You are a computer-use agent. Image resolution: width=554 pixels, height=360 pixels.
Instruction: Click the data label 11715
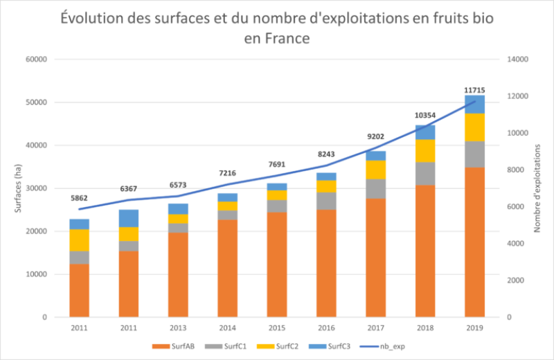point(474,90)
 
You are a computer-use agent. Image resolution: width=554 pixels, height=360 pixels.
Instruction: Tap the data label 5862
point(80,198)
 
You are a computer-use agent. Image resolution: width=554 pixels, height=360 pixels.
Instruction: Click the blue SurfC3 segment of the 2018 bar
point(425,132)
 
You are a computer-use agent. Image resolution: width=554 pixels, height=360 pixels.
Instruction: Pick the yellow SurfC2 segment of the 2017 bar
point(375,170)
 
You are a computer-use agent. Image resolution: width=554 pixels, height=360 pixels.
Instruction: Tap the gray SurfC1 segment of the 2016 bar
point(326,201)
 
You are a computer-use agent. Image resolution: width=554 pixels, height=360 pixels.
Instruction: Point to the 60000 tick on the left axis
point(35,60)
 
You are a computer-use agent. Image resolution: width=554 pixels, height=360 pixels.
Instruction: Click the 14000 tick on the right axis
point(518,60)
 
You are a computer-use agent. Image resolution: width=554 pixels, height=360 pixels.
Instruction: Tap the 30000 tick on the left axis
point(35,188)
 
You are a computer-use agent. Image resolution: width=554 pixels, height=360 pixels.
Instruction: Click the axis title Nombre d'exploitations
point(537,188)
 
